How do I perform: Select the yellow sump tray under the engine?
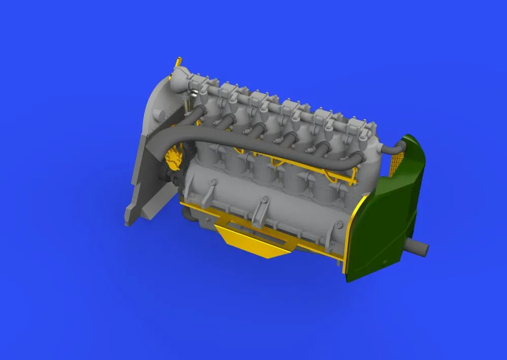click(249, 241)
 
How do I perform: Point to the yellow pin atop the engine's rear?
click(178, 62)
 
